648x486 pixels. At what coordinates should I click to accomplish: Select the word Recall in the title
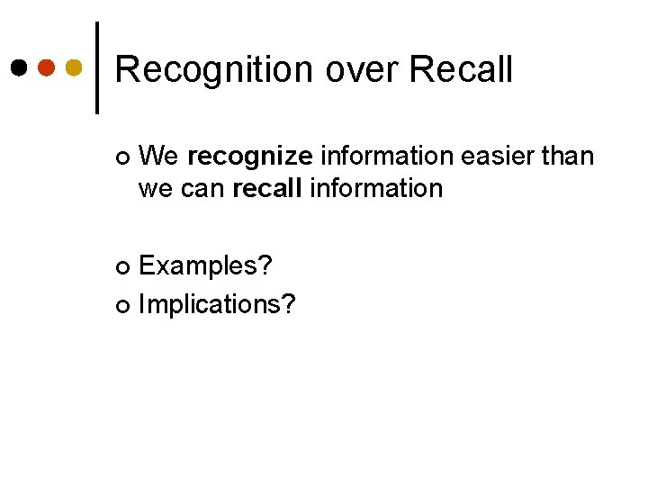[x=460, y=70]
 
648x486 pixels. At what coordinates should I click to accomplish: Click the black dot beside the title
[x=19, y=67]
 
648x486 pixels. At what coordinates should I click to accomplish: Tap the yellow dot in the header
[x=75, y=67]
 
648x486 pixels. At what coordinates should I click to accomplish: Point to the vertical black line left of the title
[x=97, y=67]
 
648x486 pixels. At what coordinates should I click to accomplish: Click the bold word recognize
[x=250, y=157]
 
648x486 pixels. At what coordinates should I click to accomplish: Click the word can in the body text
[x=204, y=189]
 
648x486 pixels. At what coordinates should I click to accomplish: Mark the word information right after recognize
[x=387, y=157]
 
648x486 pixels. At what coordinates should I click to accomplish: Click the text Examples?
[x=206, y=266]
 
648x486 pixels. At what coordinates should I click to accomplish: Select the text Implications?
[x=217, y=305]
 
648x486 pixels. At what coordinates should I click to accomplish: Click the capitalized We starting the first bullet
[x=159, y=157]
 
